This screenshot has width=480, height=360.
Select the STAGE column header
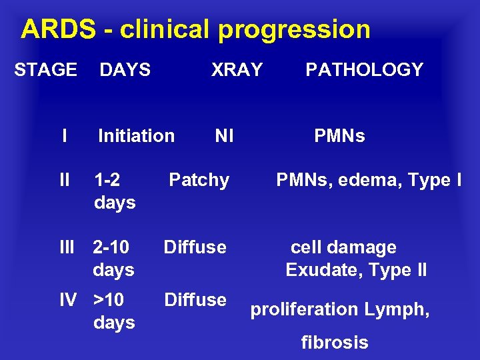click(x=45, y=69)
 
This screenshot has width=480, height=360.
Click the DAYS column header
click(x=125, y=69)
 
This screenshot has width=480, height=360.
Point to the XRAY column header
click(x=237, y=69)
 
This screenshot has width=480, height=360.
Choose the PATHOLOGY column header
click(x=364, y=69)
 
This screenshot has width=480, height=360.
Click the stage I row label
click(x=63, y=136)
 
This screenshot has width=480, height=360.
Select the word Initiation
click(x=136, y=136)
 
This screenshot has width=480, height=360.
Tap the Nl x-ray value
click(x=224, y=136)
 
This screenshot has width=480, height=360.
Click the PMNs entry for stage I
click(x=339, y=136)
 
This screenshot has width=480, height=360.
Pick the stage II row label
click(x=65, y=180)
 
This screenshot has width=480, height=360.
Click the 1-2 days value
click(x=115, y=191)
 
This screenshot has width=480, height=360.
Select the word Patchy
click(x=199, y=180)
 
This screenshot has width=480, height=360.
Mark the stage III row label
click(x=67, y=247)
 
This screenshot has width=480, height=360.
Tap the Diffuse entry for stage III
click(x=195, y=247)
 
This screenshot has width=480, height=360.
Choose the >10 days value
click(x=114, y=311)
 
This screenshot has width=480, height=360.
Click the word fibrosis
click(x=335, y=343)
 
